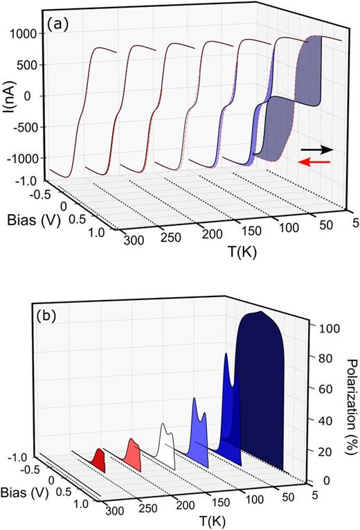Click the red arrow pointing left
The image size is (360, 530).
click(314, 161)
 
